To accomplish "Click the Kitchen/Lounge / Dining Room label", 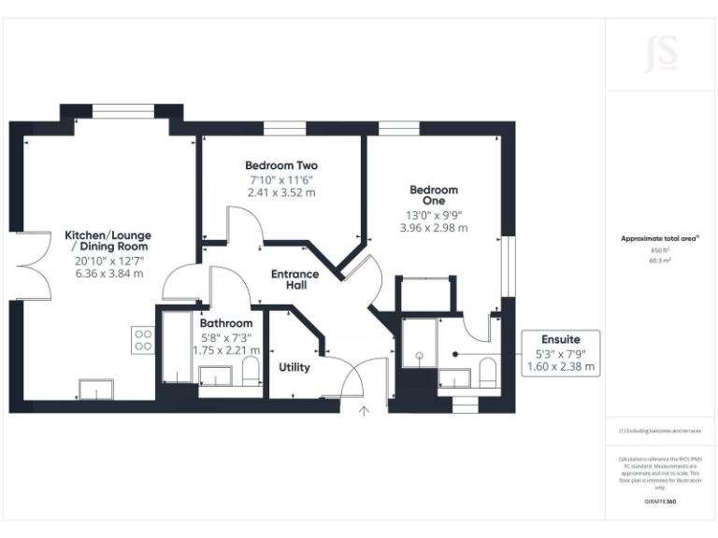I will pyautogui.click(x=108, y=241).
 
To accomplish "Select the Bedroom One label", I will pyautogui.click(x=434, y=195).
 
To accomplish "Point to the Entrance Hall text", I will pyautogui.click(x=294, y=279).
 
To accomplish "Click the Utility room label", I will pyautogui.click(x=294, y=367).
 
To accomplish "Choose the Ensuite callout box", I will pyautogui.click(x=561, y=353).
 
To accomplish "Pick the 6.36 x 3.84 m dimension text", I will pyautogui.click(x=109, y=274).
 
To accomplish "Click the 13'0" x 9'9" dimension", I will pyautogui.click(x=433, y=214).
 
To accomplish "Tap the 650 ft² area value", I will pyautogui.click(x=661, y=251).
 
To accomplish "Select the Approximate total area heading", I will pyautogui.click(x=660, y=239).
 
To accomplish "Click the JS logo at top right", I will pyautogui.click(x=661, y=54).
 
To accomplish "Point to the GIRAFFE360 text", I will pyautogui.click(x=660, y=502).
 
